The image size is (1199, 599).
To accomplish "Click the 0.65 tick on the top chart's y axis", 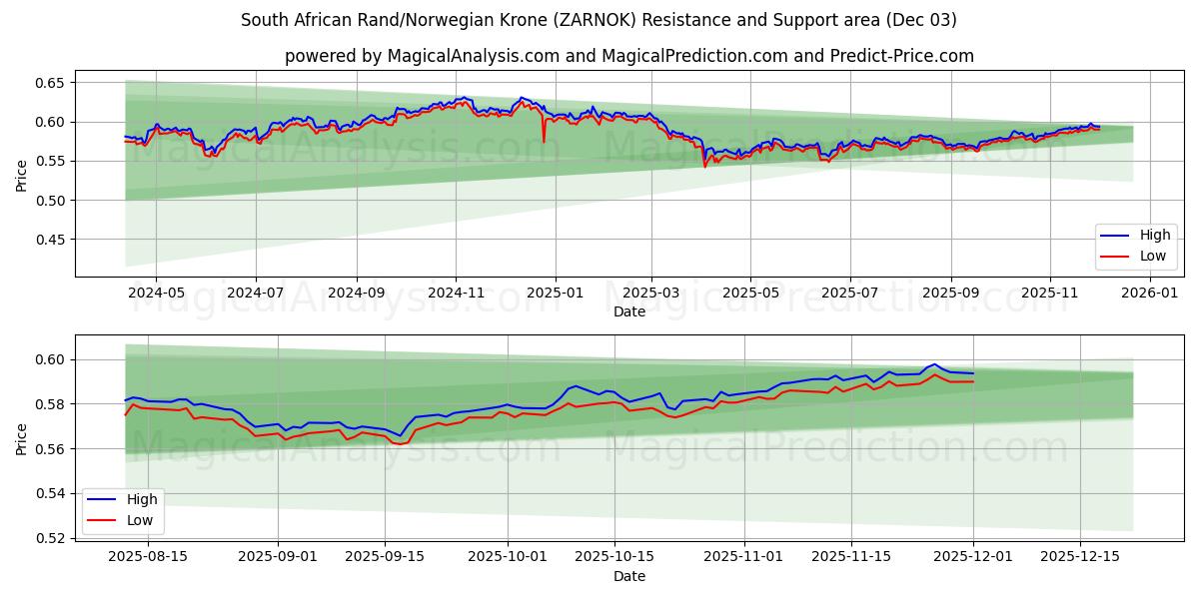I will tap(52, 83).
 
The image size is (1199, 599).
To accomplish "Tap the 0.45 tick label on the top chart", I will tap(52, 240).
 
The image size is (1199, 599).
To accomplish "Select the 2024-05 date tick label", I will tap(157, 294).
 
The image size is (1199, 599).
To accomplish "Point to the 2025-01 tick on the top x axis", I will tap(554, 294).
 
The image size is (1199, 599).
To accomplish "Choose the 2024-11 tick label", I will tap(456, 294).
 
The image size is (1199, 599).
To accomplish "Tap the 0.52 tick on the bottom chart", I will tap(52, 538).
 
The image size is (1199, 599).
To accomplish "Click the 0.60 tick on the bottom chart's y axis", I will tap(52, 359).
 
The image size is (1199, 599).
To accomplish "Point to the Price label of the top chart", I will tap(22, 176).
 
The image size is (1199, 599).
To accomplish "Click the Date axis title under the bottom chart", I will tap(629, 576).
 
